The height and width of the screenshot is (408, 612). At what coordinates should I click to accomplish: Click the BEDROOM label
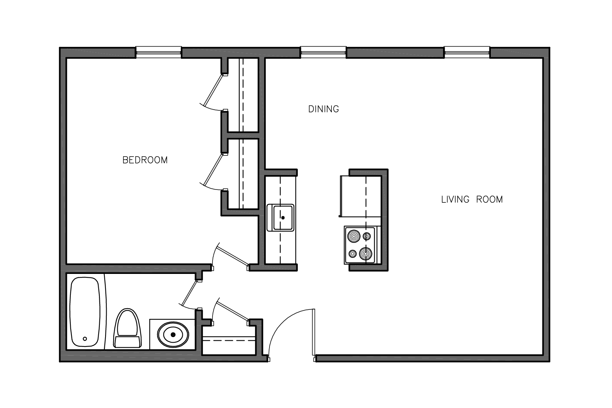click(x=145, y=160)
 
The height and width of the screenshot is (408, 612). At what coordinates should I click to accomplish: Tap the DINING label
click(x=323, y=109)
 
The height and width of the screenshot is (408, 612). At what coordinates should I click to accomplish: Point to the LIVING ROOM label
click(x=472, y=199)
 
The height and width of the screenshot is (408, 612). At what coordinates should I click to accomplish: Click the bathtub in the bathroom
click(x=85, y=312)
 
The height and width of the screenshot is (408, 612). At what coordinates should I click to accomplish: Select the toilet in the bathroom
click(x=127, y=329)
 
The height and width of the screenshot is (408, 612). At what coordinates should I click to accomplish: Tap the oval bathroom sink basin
click(x=173, y=335)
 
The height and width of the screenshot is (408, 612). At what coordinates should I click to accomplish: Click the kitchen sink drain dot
click(x=283, y=218)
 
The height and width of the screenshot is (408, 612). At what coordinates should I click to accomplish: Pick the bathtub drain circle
click(x=85, y=338)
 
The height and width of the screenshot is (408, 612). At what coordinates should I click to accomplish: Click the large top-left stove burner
click(x=354, y=236)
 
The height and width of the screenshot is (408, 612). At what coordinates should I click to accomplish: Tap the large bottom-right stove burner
click(x=365, y=254)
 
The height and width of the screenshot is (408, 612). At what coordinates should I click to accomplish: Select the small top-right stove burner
click(x=367, y=236)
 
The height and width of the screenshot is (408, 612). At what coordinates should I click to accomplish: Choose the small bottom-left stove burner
click(x=353, y=254)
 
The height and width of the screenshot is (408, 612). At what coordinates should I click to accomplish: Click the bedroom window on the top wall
click(x=159, y=52)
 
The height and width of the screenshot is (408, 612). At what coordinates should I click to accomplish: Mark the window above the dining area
click(x=323, y=52)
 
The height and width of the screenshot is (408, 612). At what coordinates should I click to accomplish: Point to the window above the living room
click(x=467, y=52)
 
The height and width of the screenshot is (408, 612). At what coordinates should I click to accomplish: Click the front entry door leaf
click(x=314, y=332)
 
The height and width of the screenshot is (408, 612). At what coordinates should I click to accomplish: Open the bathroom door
click(x=189, y=294)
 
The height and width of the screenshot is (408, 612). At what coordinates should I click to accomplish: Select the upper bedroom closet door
click(x=213, y=91)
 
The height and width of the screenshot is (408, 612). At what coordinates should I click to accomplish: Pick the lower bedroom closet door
click(x=213, y=170)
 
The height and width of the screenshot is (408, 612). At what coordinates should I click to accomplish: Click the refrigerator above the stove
click(x=360, y=196)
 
